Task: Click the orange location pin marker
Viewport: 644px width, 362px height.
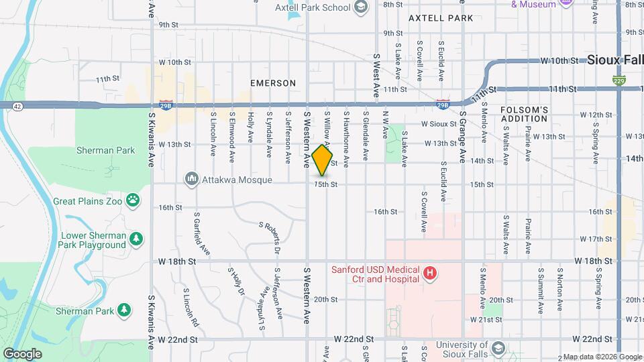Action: pyautogui.click(x=323, y=160)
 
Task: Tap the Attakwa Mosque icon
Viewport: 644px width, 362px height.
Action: pyautogui.click(x=192, y=179)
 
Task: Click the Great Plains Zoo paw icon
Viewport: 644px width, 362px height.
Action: pyautogui.click(x=134, y=200)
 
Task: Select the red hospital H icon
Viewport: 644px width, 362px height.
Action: pyautogui.click(x=430, y=274)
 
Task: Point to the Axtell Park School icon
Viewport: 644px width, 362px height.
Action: pyautogui.click(x=361, y=7)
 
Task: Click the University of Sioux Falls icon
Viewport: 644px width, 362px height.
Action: pyautogui.click(x=498, y=349)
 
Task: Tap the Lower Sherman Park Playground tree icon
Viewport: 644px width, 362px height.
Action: pyautogui.click(x=136, y=239)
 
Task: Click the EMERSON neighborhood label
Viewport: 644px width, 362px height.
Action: pyautogui.click(x=273, y=83)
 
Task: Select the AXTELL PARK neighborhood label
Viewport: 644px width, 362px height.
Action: pyautogui.click(x=436, y=18)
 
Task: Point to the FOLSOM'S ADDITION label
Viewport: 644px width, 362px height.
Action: pyautogui.click(x=525, y=114)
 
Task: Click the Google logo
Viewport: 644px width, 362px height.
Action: pyautogui.click(x=22, y=353)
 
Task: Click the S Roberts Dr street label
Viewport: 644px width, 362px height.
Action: pyautogui.click(x=270, y=238)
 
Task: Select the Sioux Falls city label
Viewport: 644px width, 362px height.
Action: pyautogui.click(x=614, y=60)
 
